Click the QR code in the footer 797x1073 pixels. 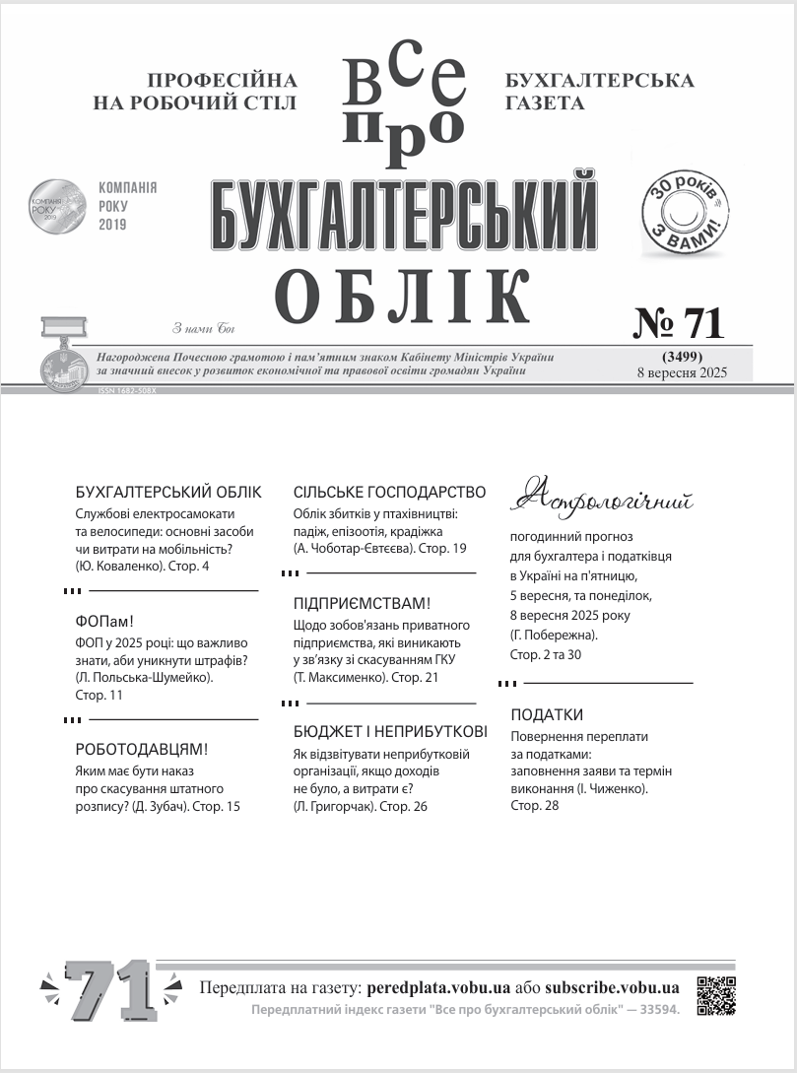pos(716,995)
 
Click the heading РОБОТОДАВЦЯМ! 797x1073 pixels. pos(142,750)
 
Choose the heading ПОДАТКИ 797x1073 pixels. pos(547,714)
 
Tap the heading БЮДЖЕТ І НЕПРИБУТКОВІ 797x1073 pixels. pos(390,732)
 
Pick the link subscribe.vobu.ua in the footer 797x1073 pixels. pos(612,987)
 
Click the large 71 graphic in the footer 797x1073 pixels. pos(110,988)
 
